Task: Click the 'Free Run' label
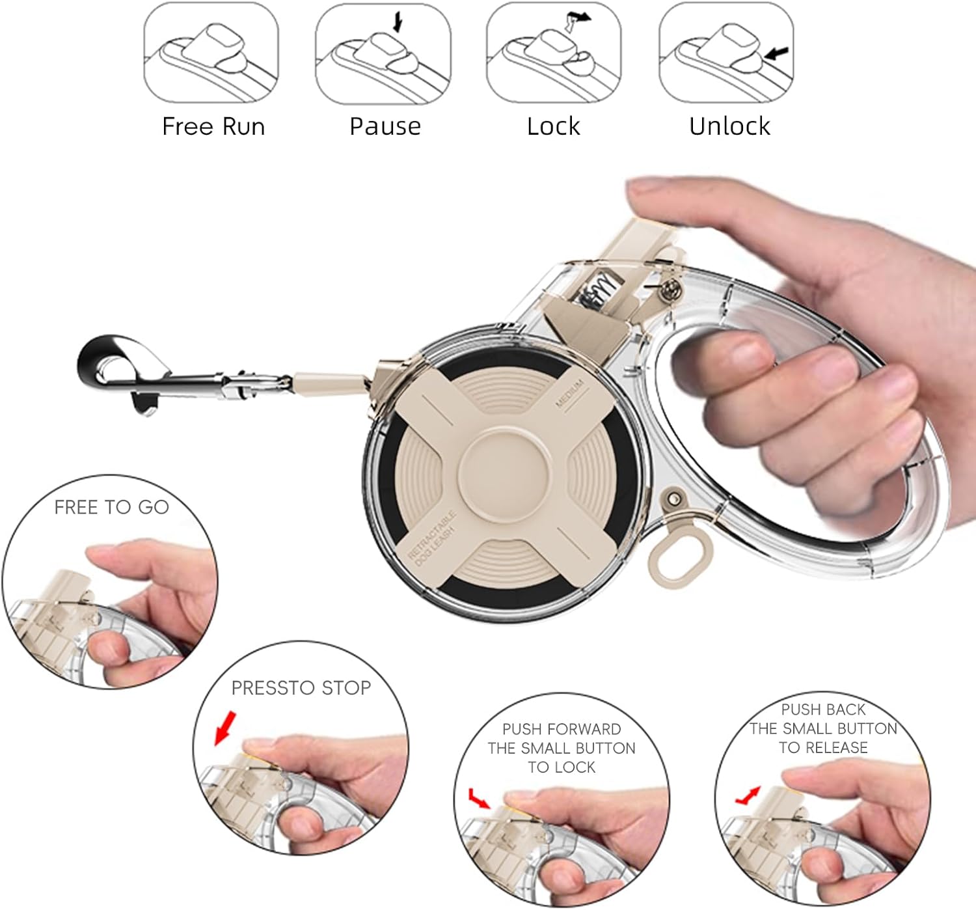[214, 126]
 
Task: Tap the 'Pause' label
[385, 126]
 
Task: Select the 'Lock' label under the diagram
[553, 126]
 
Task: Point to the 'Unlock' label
[730, 126]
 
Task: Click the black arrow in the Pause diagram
[398, 21]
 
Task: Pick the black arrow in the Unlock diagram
[776, 53]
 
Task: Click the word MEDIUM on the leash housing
[569, 394]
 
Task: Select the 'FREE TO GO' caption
[111, 507]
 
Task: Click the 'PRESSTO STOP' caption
[301, 687]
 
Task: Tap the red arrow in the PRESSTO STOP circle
[226, 728]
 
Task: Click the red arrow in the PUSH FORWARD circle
[479, 799]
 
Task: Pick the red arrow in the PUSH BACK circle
[748, 795]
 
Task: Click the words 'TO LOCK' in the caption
[562, 767]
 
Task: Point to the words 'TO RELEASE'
[823, 747]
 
